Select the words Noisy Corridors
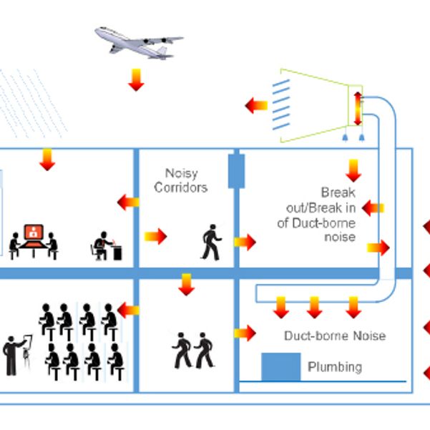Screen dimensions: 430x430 click(x=181, y=180)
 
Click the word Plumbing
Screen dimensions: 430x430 click(x=334, y=367)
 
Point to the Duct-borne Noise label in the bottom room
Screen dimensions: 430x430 click(x=335, y=336)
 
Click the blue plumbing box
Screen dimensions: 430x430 click(x=280, y=367)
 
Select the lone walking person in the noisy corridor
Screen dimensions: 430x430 click(x=211, y=241)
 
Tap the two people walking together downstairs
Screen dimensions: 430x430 click(x=193, y=350)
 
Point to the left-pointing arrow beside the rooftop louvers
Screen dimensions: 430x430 click(x=255, y=106)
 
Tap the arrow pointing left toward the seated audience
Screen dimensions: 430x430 click(x=128, y=309)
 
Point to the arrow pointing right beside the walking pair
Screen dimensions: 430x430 click(x=245, y=333)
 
